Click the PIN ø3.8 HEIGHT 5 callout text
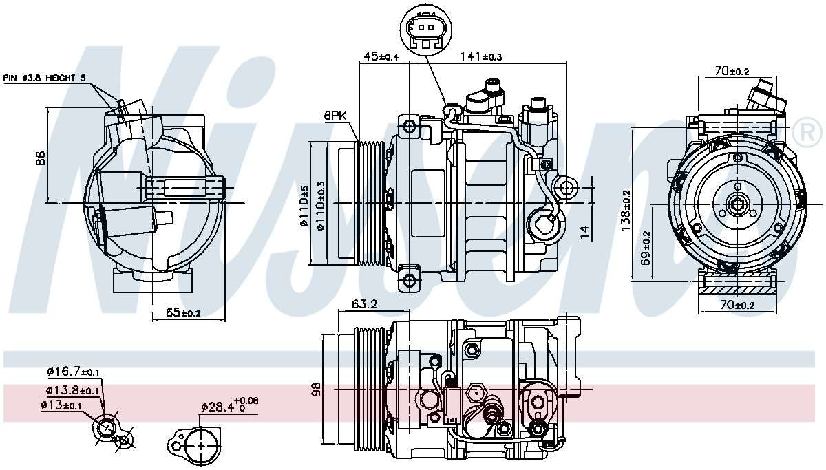pyautogui.click(x=45, y=78)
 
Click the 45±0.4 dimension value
pyautogui.click(x=381, y=56)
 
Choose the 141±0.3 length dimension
pyautogui.click(x=483, y=56)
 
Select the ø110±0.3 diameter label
pyautogui.click(x=321, y=204)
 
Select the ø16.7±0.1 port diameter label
pyautogui.click(x=73, y=372)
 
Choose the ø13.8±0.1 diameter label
pyautogui.click(x=73, y=390)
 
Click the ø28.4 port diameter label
pyautogui.click(x=229, y=405)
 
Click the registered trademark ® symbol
pyautogui.click(x=807, y=131)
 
